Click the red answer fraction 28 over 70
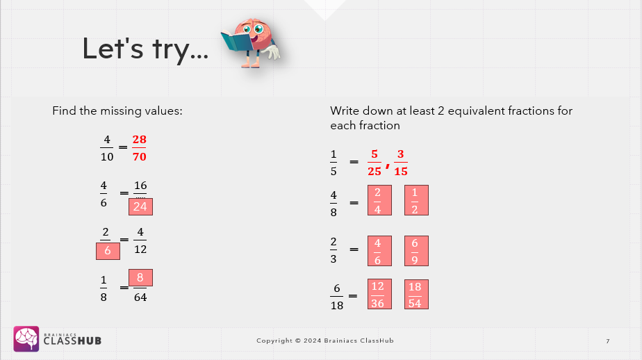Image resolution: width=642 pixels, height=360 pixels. tap(139, 148)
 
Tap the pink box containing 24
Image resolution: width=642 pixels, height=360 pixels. tap(140, 206)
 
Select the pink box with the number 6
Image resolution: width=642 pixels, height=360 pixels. tap(108, 251)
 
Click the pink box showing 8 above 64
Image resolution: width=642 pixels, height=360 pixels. tap(140, 278)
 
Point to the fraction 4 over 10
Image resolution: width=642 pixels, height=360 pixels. tap(107, 148)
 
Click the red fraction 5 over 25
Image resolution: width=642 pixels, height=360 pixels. tap(374, 163)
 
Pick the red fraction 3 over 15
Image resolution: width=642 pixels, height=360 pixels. tap(400, 163)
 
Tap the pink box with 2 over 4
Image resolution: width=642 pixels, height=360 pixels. tap(379, 200)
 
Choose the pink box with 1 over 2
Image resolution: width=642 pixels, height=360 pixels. tap(416, 200)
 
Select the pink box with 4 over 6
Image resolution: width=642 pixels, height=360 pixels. tap(379, 251)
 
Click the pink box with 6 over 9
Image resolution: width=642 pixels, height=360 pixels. tap(416, 251)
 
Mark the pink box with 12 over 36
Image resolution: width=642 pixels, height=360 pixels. tap(379, 294)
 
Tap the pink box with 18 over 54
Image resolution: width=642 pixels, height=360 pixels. tap(416, 294)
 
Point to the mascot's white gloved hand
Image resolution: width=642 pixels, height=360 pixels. tap(272, 52)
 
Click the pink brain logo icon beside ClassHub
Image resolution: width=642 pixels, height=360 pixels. tap(26, 338)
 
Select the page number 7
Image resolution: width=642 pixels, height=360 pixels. tap(608, 341)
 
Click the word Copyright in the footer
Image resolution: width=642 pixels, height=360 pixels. tap(274, 341)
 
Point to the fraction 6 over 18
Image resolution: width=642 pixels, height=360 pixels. tap(337, 297)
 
